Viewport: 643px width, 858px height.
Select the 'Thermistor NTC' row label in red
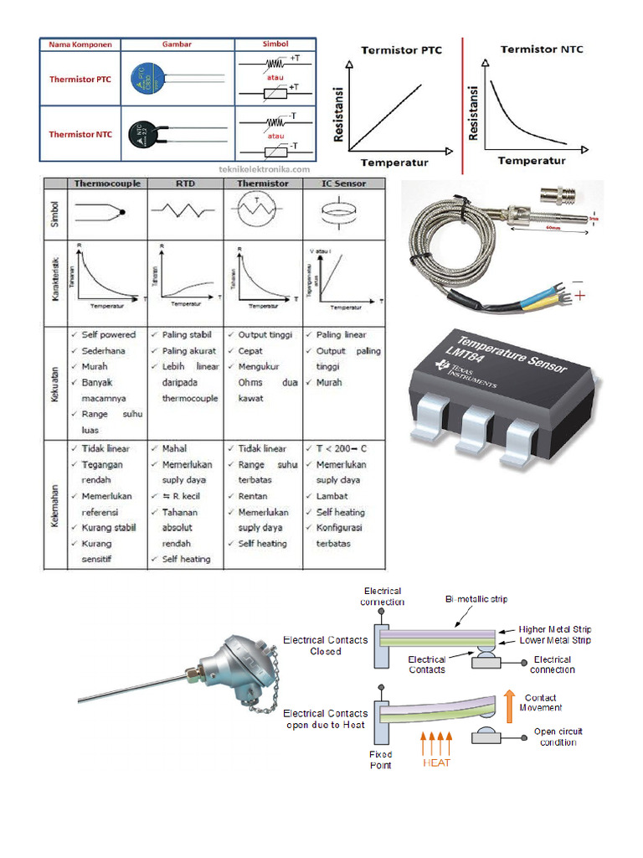tap(80, 134)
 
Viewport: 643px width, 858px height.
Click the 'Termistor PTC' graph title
tap(401, 50)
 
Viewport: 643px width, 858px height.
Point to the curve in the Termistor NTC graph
tap(511, 109)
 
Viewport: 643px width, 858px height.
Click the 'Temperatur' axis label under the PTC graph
tap(394, 162)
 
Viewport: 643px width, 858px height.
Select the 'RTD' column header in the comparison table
tap(185, 183)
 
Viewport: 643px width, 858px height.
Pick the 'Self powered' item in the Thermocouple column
tap(108, 334)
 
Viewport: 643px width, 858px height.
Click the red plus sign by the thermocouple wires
tap(580, 297)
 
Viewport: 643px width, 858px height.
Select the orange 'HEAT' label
tap(436, 763)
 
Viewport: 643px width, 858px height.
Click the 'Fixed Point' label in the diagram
tap(381, 759)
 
